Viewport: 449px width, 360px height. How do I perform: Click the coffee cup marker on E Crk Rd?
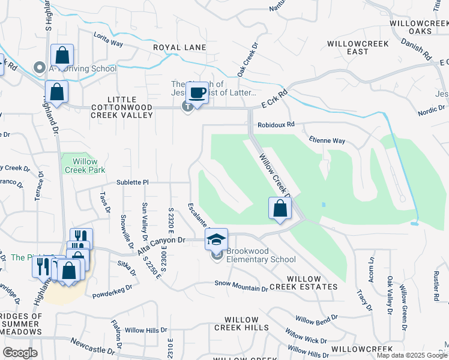(x=197, y=92)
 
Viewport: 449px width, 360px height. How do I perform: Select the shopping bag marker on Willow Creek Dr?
(x=280, y=209)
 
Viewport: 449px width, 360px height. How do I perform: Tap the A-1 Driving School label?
(x=82, y=68)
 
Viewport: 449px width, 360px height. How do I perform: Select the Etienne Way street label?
(x=327, y=141)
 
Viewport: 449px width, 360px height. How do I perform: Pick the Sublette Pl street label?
(x=131, y=182)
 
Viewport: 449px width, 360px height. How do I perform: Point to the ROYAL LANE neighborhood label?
(x=179, y=47)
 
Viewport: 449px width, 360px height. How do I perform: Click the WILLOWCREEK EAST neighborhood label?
(x=348, y=48)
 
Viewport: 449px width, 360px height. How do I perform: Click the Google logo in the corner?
(x=20, y=353)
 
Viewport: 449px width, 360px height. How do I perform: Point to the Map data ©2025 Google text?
(x=412, y=355)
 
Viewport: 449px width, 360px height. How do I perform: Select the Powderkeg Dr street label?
(x=112, y=295)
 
